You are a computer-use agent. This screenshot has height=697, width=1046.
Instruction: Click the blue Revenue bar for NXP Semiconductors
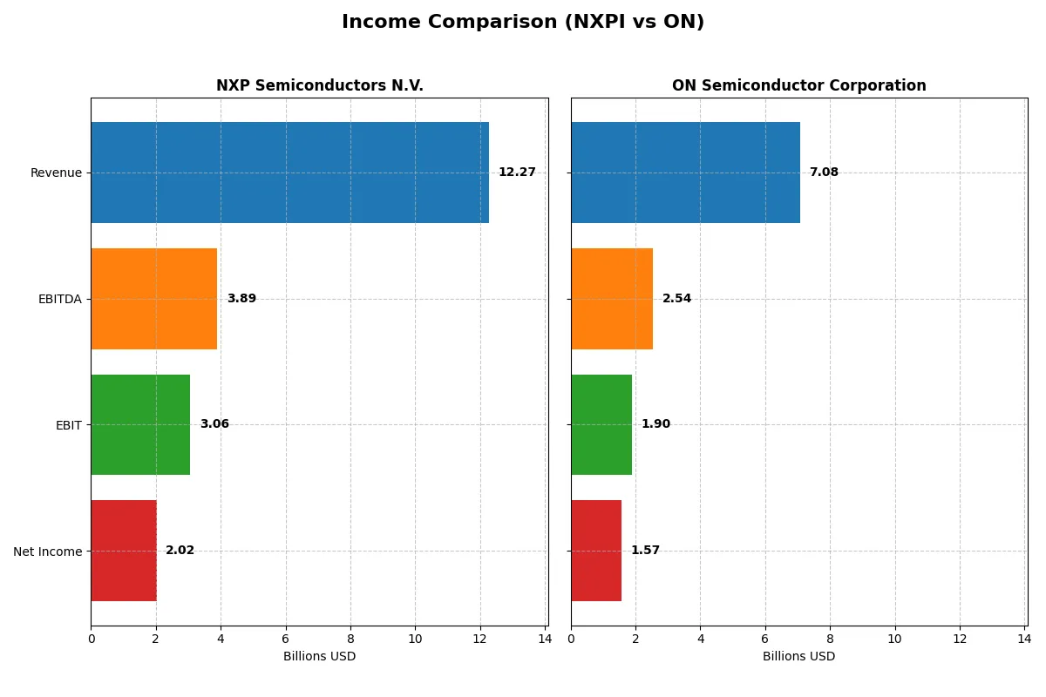tap(289, 173)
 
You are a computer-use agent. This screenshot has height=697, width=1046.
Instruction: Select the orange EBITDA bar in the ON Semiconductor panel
tap(612, 299)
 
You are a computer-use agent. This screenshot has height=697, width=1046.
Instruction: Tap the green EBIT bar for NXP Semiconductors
tap(140, 425)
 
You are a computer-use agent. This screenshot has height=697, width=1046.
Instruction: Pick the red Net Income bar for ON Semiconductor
tap(596, 551)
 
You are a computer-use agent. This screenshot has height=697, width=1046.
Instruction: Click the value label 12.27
tap(517, 173)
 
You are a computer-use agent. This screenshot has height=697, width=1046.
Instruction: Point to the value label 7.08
tap(824, 173)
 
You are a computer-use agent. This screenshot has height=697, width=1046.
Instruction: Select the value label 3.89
tap(241, 299)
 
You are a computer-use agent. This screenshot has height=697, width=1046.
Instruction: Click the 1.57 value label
tap(645, 551)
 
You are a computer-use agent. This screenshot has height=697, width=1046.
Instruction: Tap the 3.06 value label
tap(214, 424)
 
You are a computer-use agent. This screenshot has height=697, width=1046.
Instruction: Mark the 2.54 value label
tap(676, 299)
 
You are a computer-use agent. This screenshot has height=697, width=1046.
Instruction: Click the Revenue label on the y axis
tap(56, 173)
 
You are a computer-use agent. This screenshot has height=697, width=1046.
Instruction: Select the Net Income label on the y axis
tap(48, 552)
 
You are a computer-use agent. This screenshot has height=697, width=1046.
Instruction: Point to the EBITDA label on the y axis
tap(59, 299)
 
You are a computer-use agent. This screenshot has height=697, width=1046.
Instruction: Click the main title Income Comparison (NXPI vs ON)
tap(523, 22)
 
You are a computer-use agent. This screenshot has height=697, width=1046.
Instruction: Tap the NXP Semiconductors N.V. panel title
tap(320, 85)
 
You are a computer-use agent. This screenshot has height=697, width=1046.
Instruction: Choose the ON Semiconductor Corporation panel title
tap(799, 85)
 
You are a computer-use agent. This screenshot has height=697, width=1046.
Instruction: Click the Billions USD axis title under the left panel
tap(320, 656)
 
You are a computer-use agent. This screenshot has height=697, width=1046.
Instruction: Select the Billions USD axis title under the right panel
tap(799, 656)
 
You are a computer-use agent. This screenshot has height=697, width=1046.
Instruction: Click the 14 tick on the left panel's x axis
tap(545, 639)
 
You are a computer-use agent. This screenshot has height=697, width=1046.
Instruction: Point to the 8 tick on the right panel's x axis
tap(830, 639)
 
